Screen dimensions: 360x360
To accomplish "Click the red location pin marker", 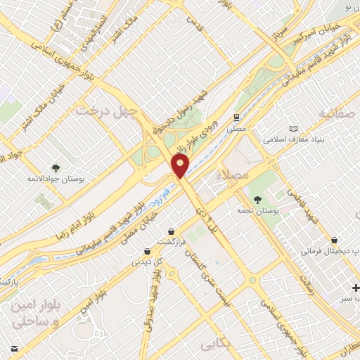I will coord(181,166).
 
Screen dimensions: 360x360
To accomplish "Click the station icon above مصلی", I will coord(237,117).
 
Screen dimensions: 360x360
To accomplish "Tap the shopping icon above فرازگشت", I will coord(172,231).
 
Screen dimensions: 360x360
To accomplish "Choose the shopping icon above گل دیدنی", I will coord(146,251).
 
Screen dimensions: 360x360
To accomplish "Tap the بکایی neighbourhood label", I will coord(216,345).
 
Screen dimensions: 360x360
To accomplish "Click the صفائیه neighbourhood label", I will coord(337,112).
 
